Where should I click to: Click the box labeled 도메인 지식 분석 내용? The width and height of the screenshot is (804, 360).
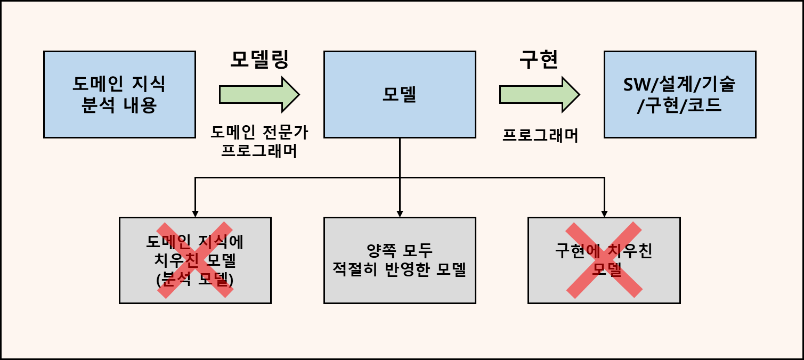[x=119, y=94]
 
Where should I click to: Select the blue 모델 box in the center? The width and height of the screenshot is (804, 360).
[x=400, y=94]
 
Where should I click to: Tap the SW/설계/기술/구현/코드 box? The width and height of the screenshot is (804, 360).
[x=679, y=94]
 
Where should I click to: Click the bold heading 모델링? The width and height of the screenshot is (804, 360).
[x=259, y=59]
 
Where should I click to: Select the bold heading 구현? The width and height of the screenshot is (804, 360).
[x=539, y=59]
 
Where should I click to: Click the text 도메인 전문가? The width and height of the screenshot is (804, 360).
[x=259, y=131]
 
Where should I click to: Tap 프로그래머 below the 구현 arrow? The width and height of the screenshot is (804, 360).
[x=540, y=136]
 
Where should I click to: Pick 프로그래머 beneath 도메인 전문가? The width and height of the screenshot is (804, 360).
[x=259, y=151]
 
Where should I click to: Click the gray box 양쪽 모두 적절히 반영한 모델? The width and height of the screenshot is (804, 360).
[x=400, y=260]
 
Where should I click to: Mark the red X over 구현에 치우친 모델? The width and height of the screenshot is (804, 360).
[x=604, y=260]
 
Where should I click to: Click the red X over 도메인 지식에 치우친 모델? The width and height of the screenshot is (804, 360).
[x=195, y=260]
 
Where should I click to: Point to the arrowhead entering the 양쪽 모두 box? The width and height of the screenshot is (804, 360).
[x=400, y=214]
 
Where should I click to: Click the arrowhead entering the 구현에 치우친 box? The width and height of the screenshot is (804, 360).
[x=604, y=214]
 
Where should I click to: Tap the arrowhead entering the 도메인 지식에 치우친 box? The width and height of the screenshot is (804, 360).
[x=195, y=214]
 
